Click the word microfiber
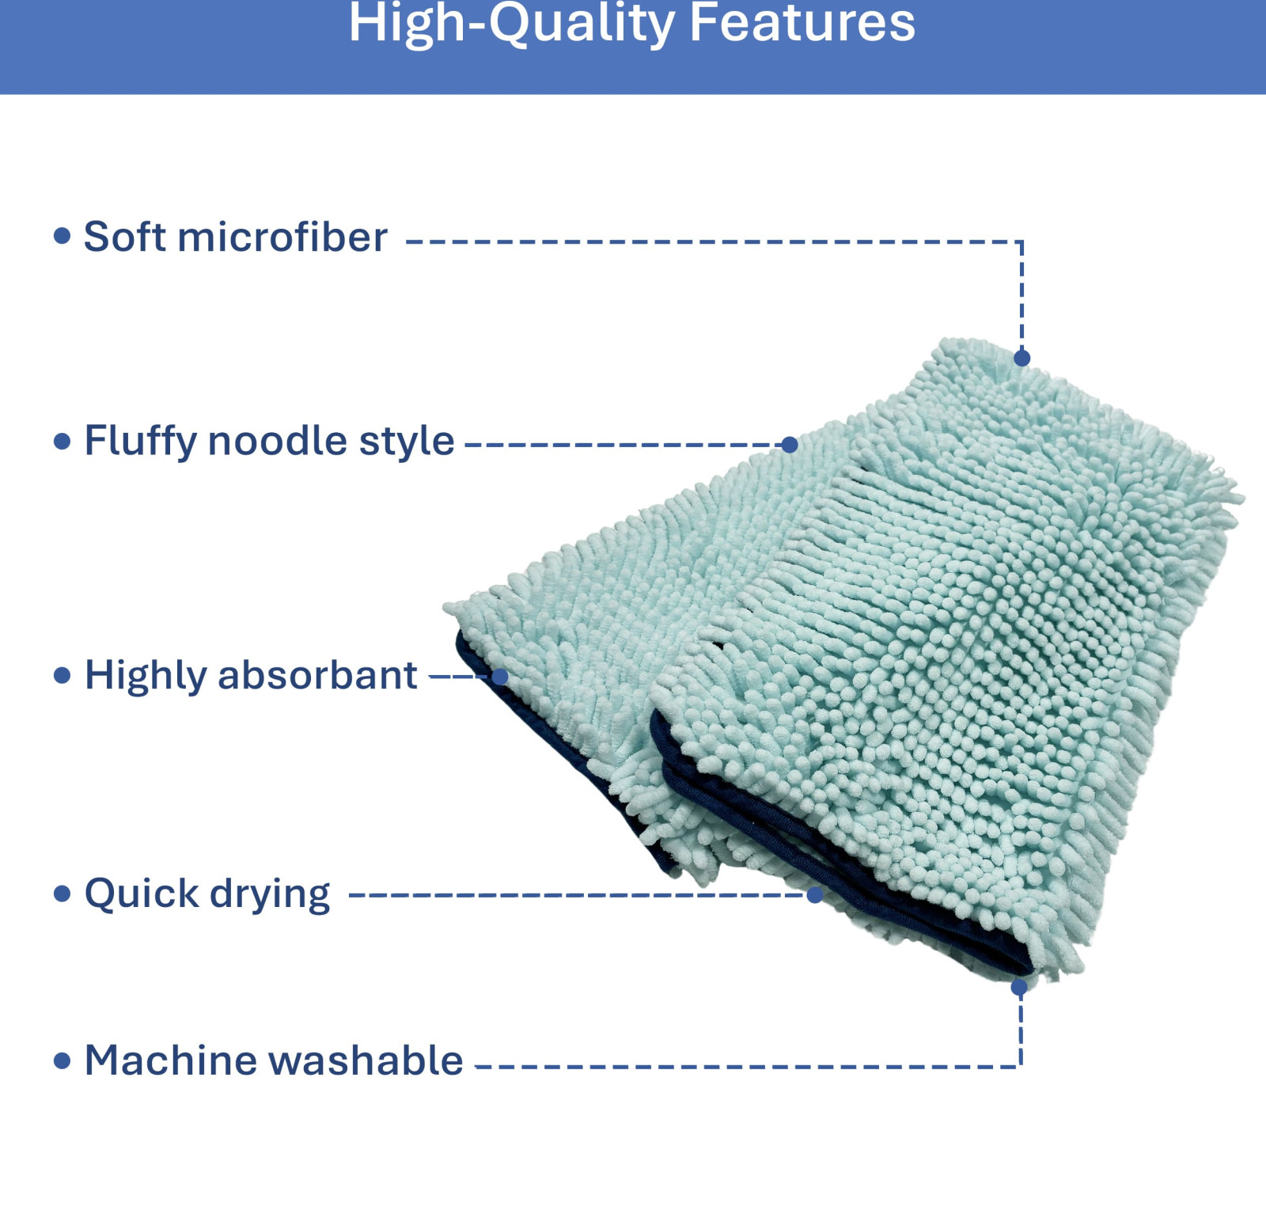[x=282, y=237]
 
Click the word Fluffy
[x=140, y=442]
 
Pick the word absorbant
[x=317, y=675]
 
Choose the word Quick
[x=142, y=894]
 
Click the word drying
[x=270, y=895]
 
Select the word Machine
[x=171, y=1060]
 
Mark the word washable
[x=366, y=1060]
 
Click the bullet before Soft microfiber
[x=62, y=235]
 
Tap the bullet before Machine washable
[x=62, y=1061]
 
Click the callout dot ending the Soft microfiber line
[x=1022, y=359]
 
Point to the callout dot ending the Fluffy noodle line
[x=789, y=445]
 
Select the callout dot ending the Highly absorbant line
[x=499, y=677]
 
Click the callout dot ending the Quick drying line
[x=815, y=895]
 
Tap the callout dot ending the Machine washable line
[x=1019, y=987]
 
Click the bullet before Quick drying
[x=62, y=894]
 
